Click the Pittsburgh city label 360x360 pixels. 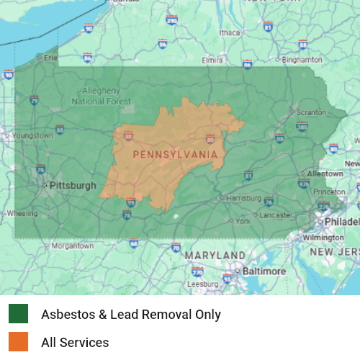72,185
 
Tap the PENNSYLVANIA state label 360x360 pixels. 175,154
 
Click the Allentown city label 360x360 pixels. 325,174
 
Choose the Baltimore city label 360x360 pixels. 264,271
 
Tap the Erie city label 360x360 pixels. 51,58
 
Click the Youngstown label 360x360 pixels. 32,135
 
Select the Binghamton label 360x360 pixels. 302,59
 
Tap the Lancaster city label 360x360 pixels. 276,215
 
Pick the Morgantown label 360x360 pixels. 72,246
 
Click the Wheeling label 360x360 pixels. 22,213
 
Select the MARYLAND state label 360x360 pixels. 215,256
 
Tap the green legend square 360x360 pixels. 19,314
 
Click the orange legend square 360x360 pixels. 19,342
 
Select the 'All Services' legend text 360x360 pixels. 75,343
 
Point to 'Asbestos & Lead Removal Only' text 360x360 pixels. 131,315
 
